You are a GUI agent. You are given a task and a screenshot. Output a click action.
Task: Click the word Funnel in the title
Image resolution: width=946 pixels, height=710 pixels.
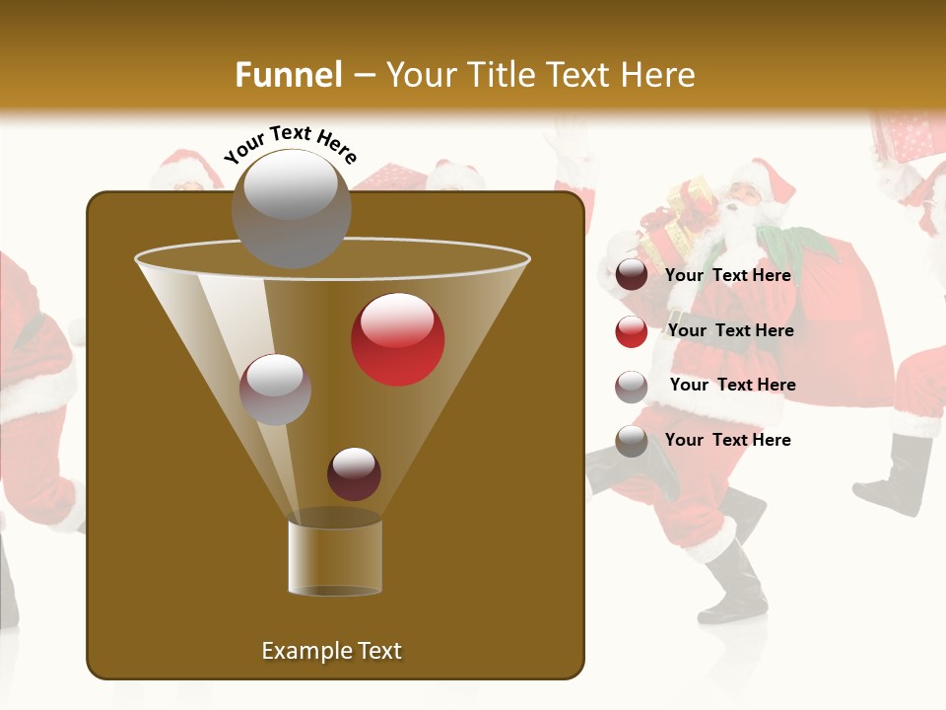point(288,74)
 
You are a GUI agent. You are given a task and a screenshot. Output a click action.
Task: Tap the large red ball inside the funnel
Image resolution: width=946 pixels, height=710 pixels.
point(397,339)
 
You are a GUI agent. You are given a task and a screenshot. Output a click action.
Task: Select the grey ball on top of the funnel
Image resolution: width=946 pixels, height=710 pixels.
point(291,207)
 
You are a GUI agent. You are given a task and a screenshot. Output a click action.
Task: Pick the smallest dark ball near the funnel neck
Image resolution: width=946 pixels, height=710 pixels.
point(354,473)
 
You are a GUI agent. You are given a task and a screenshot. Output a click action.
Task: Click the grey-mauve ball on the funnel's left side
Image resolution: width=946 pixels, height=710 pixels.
point(275,389)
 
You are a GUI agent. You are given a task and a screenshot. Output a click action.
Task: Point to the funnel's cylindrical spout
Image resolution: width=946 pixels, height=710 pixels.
point(334,556)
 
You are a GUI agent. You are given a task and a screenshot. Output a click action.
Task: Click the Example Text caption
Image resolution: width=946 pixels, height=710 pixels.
point(331,651)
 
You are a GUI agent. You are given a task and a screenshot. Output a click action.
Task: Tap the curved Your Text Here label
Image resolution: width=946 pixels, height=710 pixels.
point(291,144)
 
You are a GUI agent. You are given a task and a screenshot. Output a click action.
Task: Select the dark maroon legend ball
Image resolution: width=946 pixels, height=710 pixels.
point(632,275)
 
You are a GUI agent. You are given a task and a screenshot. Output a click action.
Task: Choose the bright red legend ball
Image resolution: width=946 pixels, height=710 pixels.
point(632,331)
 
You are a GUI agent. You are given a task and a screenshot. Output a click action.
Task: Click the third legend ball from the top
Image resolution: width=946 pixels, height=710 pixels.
point(632,386)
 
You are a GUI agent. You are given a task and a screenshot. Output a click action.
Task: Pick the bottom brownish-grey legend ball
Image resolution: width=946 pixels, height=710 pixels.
point(632,441)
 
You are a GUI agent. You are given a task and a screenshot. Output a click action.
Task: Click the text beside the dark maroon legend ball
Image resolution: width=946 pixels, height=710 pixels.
point(727,275)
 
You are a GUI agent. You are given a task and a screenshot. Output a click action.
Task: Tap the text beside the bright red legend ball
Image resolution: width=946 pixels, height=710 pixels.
point(730,330)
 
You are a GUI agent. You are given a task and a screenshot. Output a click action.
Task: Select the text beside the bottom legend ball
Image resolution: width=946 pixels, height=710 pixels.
point(727,440)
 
